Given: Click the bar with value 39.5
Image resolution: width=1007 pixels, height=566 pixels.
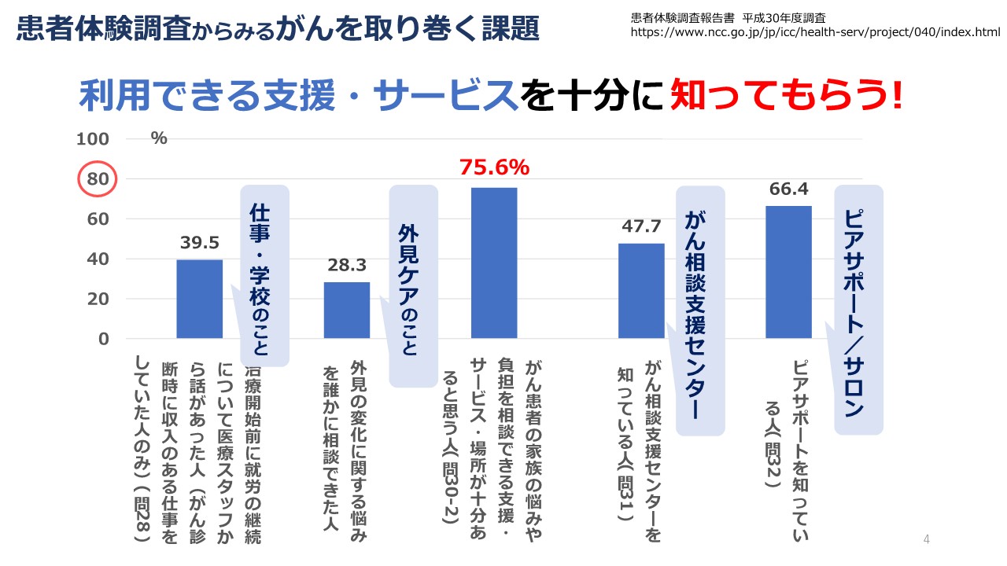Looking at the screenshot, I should (x=199, y=299).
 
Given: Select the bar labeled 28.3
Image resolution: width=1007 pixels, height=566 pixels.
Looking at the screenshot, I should (x=347, y=310).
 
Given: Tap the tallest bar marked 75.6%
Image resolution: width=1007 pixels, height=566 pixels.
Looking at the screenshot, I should (x=494, y=263).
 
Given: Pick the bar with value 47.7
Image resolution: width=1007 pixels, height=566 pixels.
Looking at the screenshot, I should (x=641, y=291).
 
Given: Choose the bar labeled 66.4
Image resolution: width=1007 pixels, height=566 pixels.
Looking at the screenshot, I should (x=788, y=272).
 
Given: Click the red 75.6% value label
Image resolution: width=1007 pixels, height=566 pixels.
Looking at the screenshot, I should (x=494, y=167).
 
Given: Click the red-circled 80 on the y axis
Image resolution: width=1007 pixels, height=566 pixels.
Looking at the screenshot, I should (x=98, y=179).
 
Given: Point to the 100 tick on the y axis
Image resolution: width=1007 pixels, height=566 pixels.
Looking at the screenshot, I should (x=93, y=139).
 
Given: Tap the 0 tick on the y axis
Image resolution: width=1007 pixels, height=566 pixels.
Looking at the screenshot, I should (x=104, y=339).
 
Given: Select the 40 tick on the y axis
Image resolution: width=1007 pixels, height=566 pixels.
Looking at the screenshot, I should (x=98, y=259).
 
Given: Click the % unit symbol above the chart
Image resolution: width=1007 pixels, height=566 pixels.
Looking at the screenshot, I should (x=159, y=138).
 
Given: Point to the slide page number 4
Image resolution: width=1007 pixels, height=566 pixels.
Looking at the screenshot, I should (x=927, y=538).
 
